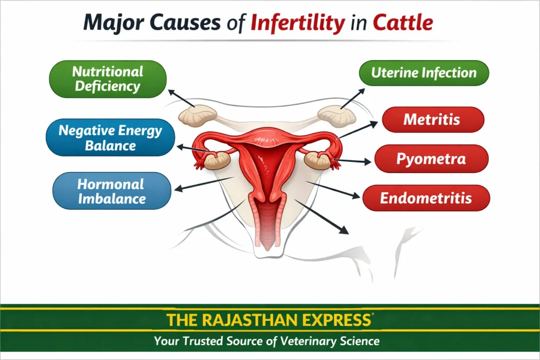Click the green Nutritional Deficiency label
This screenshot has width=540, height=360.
pyautogui.click(x=108, y=79)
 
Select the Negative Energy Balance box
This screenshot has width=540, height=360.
pyautogui.click(x=110, y=138)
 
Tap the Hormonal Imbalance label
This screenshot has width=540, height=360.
pyautogui.click(x=111, y=191)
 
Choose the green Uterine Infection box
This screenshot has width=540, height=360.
pyautogui.click(x=423, y=73)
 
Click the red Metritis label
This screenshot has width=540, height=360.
pyautogui.click(x=431, y=120)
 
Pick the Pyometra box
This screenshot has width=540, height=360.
pyautogui.click(x=431, y=159)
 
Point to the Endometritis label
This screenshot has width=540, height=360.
pyautogui.click(x=426, y=198)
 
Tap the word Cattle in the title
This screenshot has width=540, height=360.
pyautogui.click(x=403, y=23)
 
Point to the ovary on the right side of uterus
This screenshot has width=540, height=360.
pyautogui.click(x=318, y=160)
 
